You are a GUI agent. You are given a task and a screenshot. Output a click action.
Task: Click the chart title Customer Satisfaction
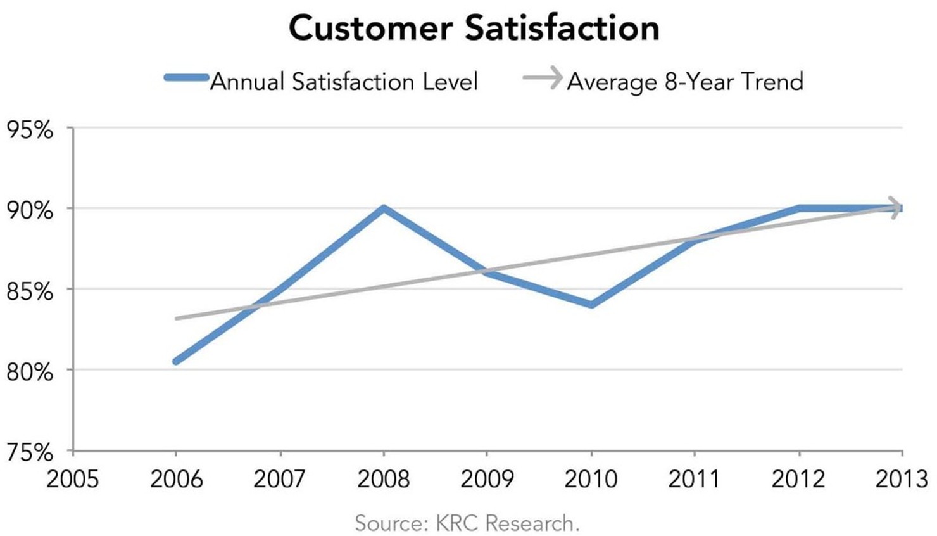pos(474,29)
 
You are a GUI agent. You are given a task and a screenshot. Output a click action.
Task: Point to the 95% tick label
pos(30,130)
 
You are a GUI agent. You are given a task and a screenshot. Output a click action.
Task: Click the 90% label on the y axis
pos(30,210)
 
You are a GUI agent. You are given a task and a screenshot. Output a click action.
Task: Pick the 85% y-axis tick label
pos(30,291)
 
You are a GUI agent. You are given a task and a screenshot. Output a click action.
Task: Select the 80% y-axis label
pos(30,372)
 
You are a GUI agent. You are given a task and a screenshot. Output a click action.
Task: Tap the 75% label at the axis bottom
pos(30,452)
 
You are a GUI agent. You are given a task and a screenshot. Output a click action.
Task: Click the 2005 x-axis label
pos(73,479)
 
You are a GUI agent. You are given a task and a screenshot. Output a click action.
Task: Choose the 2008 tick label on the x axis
pos(383,479)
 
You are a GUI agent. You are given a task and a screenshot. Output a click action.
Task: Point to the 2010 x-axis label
pos(591,479)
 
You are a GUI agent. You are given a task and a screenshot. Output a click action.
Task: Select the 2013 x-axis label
pos(901,479)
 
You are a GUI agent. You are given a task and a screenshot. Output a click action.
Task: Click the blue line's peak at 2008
pos(383,208)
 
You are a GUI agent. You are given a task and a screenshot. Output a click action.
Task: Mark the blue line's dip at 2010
pos(591,305)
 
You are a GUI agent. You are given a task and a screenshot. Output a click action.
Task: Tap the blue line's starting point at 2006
pos(176,361)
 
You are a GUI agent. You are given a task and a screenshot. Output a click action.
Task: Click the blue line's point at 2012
pos(799,208)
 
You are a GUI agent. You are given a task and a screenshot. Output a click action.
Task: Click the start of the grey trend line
pos(177,318)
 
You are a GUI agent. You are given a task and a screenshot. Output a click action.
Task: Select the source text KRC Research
pos(467,523)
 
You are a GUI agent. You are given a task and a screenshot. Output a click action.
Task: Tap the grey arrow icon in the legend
pos(543,79)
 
